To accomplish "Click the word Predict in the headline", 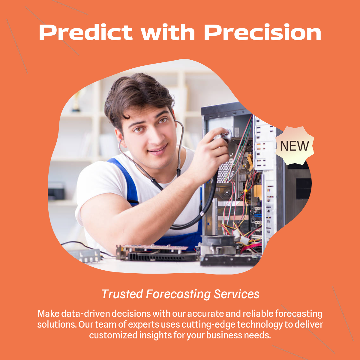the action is (86, 32).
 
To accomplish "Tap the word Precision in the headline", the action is (262, 32).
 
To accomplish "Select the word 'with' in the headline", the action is (168, 32).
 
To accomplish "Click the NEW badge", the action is (294, 145).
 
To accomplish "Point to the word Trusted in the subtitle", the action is (122, 294).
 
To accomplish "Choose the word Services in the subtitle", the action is (236, 294).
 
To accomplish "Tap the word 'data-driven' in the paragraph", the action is (87, 314).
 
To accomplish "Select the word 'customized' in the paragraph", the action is (114, 335).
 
